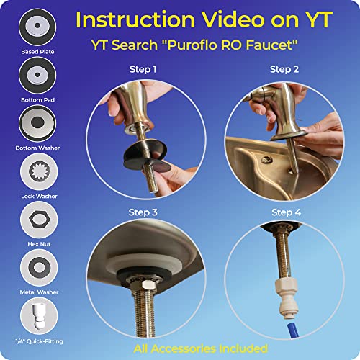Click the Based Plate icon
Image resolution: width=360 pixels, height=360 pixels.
(37, 27)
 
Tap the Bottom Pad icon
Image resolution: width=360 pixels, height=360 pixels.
(37, 76)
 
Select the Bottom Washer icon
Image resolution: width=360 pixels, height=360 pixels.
(37, 123)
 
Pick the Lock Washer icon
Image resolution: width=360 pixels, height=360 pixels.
(39, 171)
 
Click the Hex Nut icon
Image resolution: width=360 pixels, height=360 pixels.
(39, 220)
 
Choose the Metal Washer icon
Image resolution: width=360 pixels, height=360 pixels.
(39, 268)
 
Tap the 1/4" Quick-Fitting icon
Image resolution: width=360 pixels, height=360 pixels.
(39, 316)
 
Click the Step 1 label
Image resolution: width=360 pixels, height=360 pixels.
(143, 69)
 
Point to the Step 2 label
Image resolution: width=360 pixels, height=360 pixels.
(284, 69)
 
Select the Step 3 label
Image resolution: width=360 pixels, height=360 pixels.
(143, 212)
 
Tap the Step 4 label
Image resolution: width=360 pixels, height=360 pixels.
(286, 212)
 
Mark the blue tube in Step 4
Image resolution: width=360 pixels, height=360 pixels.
(292, 330)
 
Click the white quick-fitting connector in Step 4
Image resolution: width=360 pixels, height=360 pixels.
(286, 298)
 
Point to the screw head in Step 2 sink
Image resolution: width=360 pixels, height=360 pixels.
(266, 159)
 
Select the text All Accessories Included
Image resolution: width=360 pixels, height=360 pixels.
(201, 348)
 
